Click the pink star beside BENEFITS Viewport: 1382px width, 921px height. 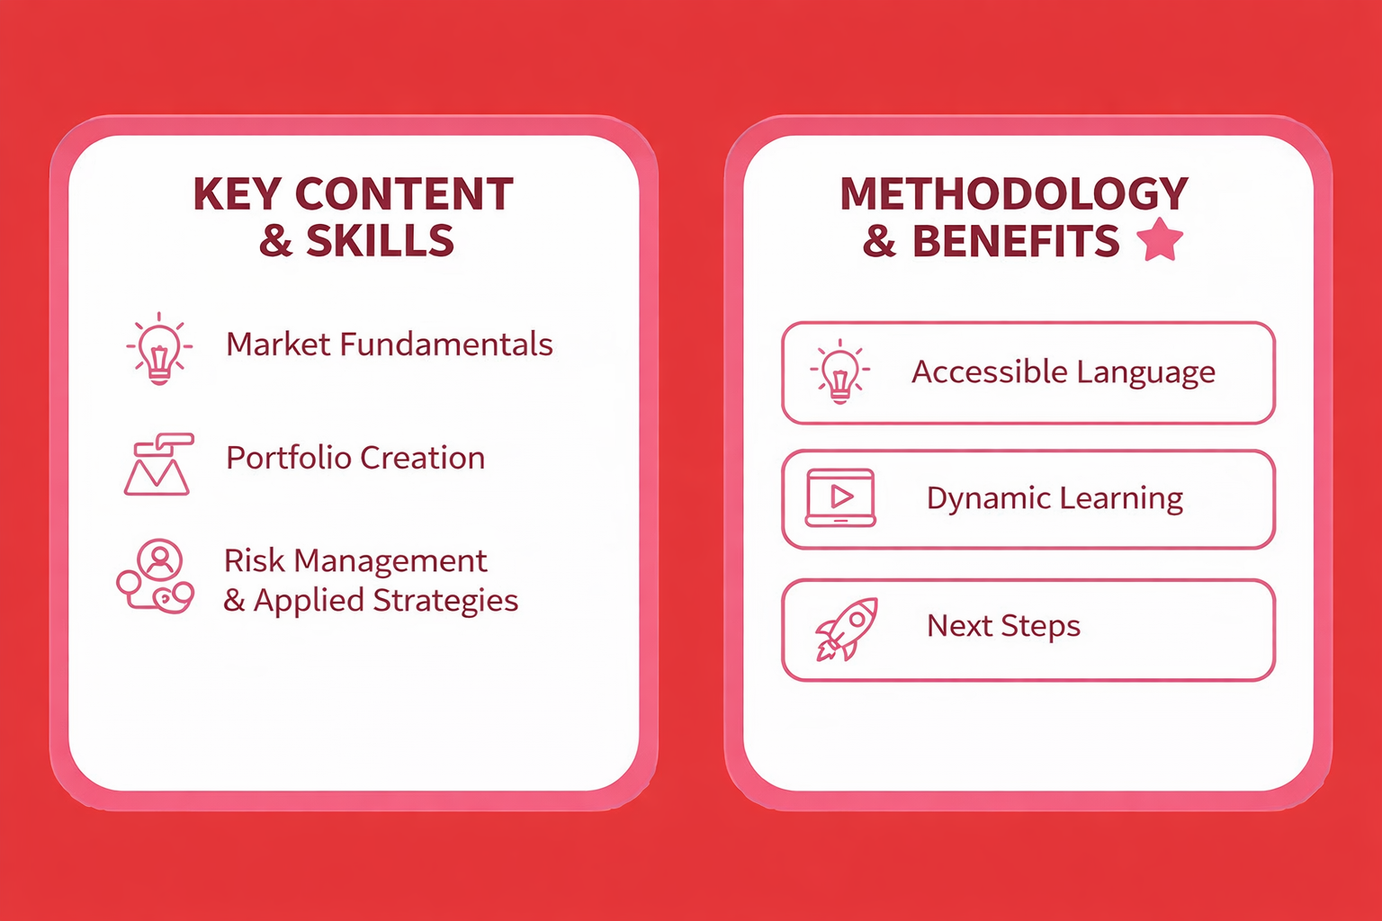(x=1160, y=240)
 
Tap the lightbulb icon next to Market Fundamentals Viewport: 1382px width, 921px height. (x=159, y=349)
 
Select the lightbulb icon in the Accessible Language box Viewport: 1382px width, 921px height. (x=839, y=372)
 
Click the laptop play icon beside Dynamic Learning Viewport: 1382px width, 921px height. (x=840, y=497)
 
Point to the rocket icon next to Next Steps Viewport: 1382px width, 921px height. (x=846, y=629)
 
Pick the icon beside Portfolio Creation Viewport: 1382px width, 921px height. (x=158, y=464)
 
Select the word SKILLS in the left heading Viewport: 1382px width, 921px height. (x=380, y=240)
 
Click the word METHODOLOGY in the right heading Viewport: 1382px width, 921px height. (x=1014, y=194)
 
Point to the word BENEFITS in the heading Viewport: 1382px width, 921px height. (x=1016, y=240)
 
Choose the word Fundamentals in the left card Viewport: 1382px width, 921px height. (x=446, y=344)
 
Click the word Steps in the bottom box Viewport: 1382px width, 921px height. (x=1040, y=626)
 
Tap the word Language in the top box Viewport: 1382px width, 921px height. (x=1146, y=373)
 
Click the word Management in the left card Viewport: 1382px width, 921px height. (x=390, y=562)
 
